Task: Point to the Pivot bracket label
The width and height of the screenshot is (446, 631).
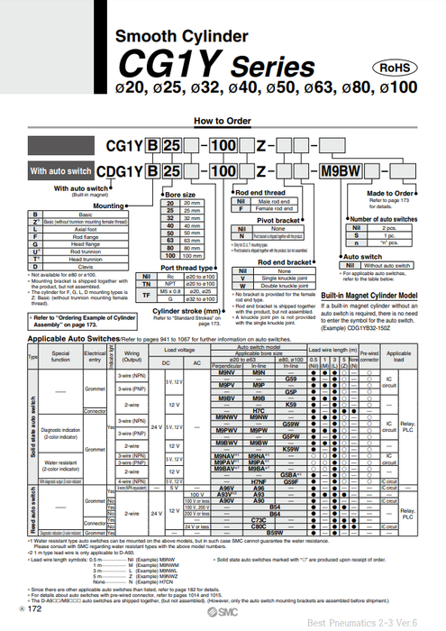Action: (x=278, y=220)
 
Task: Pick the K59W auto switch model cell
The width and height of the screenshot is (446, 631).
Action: (x=291, y=448)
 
